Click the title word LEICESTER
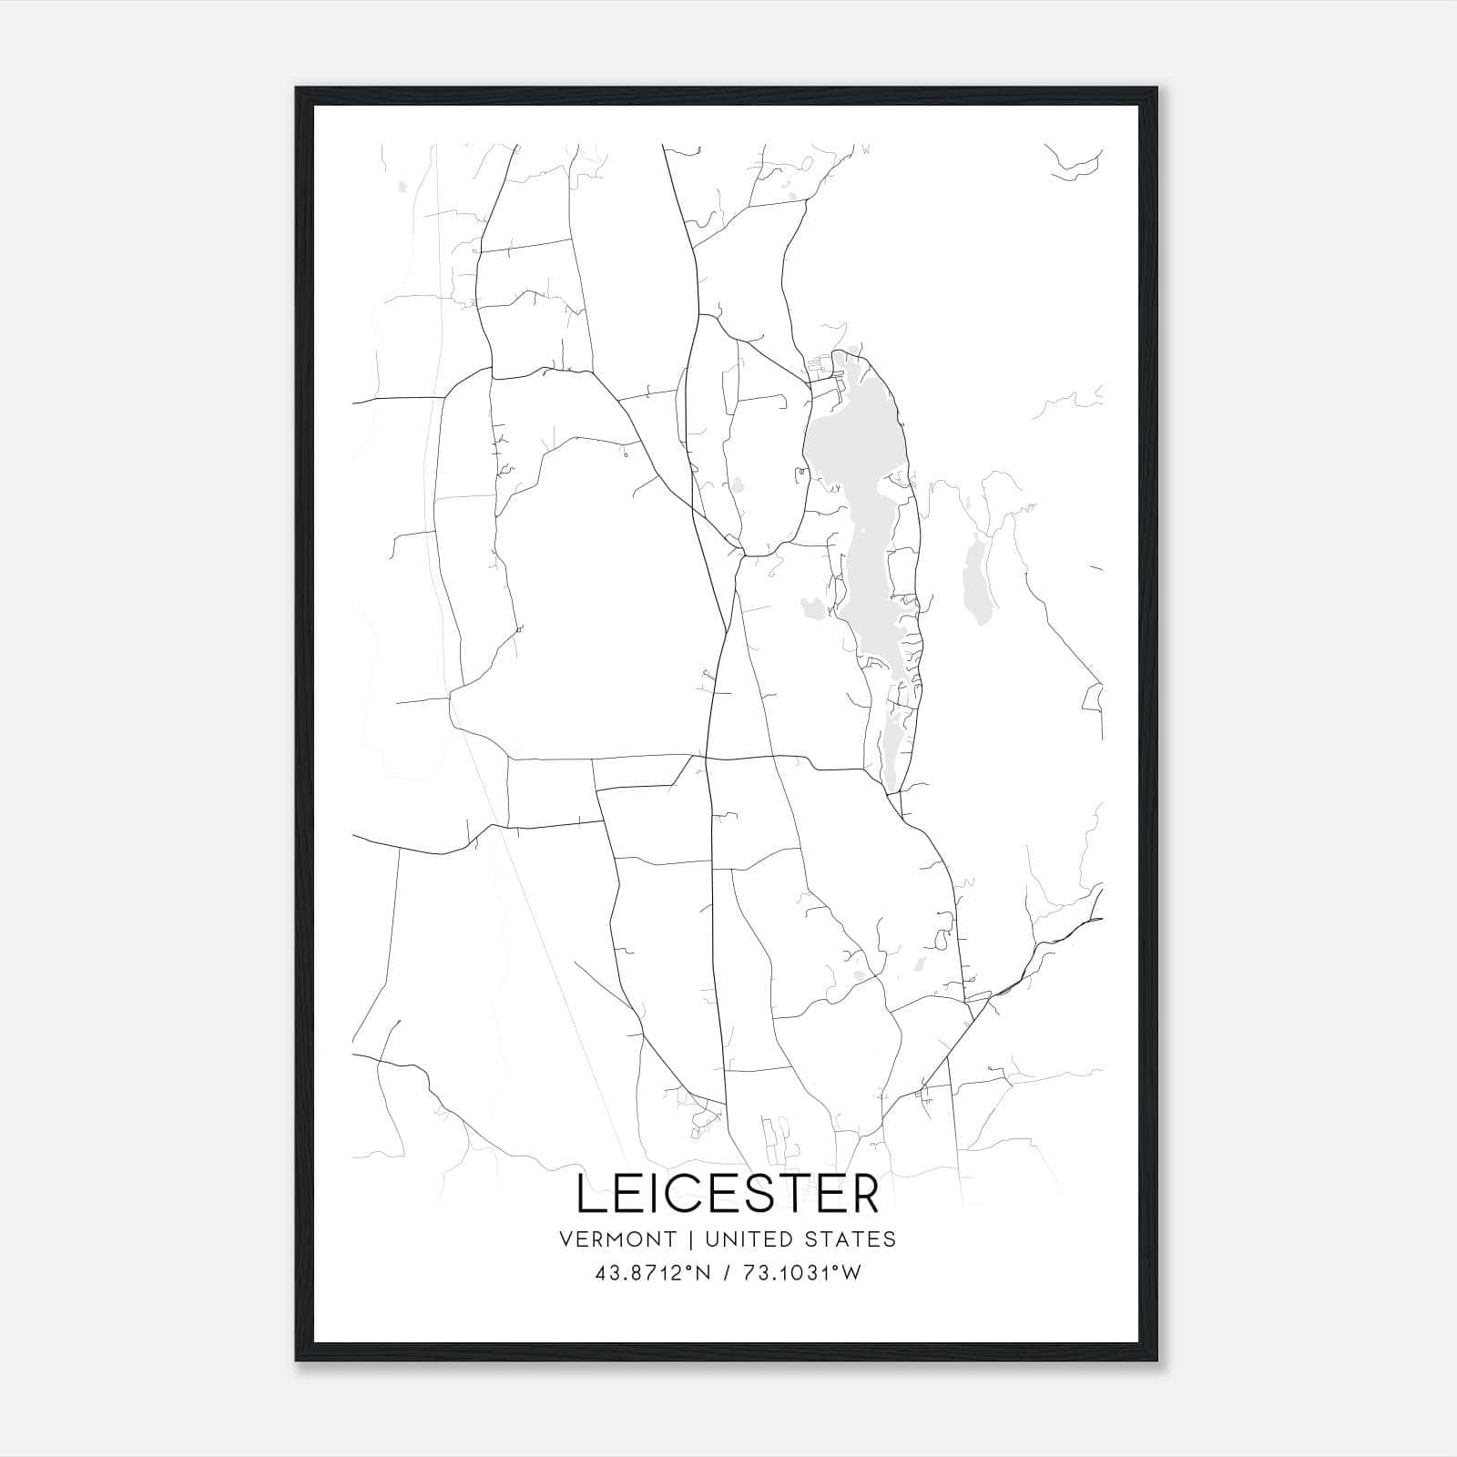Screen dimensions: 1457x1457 click(x=728, y=1195)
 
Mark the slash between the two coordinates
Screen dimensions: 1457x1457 click(x=727, y=1273)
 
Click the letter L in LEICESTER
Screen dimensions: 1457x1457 click(x=590, y=1195)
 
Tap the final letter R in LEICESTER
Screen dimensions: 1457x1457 click(x=864, y=1195)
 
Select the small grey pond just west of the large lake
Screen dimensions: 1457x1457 click(x=810, y=606)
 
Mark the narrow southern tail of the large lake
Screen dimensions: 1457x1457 click(x=891, y=747)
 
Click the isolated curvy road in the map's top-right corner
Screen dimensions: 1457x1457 click(x=1075, y=166)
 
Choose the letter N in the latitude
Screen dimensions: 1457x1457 click(x=698, y=1273)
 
